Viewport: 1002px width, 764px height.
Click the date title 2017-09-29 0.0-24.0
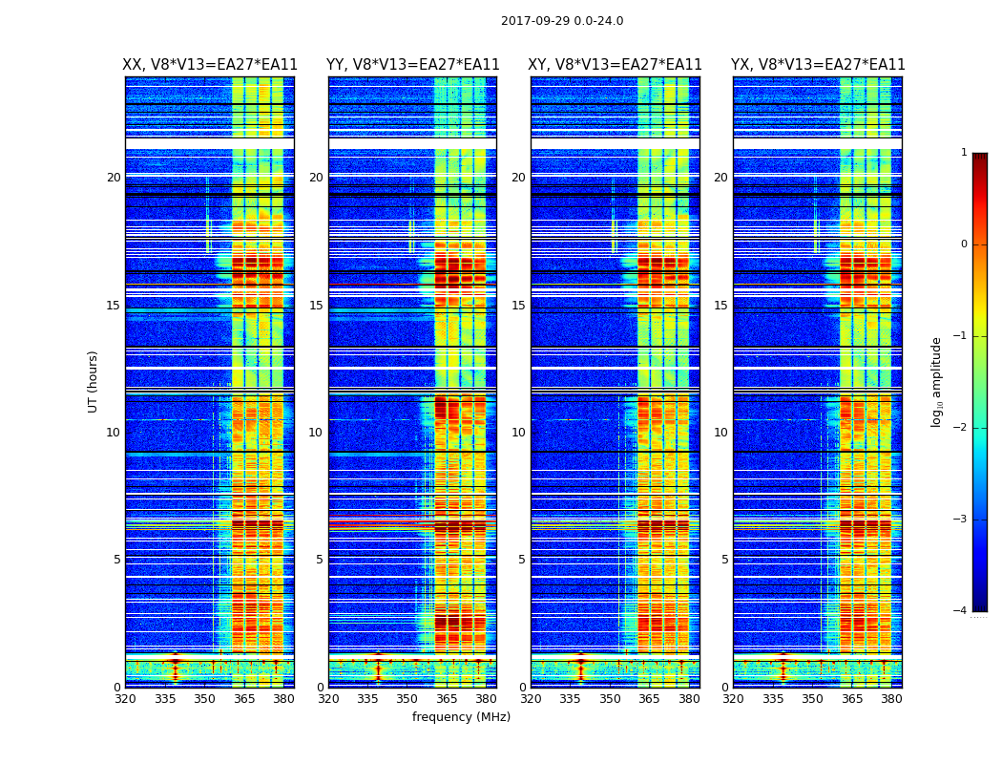pyautogui.click(x=562, y=21)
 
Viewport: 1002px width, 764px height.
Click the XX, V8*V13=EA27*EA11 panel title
pyautogui.click(x=210, y=65)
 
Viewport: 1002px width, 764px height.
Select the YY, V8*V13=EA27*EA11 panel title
pyautogui.click(x=412, y=65)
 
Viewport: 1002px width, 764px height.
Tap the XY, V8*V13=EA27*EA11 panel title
pyautogui.click(x=615, y=65)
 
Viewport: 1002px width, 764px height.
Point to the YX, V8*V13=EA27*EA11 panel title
pyautogui.click(x=818, y=65)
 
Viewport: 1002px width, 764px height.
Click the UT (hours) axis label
pyautogui.click(x=94, y=381)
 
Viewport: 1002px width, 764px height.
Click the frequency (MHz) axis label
pyautogui.click(x=461, y=717)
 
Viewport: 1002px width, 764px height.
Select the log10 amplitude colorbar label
pyautogui.click(x=937, y=381)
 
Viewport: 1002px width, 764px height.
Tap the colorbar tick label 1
pyautogui.click(x=964, y=153)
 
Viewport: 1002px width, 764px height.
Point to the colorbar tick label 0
pyautogui.click(x=964, y=244)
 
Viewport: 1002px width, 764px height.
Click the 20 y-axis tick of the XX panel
pyautogui.click(x=114, y=178)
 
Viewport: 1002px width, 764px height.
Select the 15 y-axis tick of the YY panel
pyautogui.click(x=316, y=306)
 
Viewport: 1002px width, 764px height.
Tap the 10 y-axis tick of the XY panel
pyautogui.click(x=518, y=433)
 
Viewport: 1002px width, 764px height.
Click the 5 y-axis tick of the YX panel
pyautogui.click(x=724, y=560)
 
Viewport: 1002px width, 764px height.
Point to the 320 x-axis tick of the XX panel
pyautogui.click(x=125, y=699)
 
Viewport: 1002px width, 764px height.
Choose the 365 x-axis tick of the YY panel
pyautogui.click(x=447, y=699)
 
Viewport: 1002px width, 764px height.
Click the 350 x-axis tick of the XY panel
pyautogui.click(x=610, y=699)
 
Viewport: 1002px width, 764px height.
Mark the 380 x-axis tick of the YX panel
pyautogui.click(x=891, y=699)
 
